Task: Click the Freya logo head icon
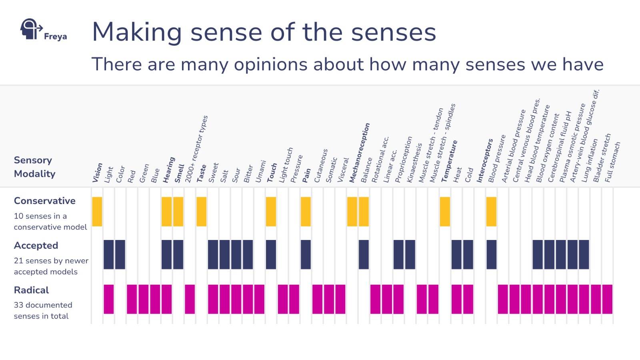30,29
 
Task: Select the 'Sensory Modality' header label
34,167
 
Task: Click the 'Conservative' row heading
44,201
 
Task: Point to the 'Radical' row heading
31,290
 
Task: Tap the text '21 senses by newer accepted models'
51,266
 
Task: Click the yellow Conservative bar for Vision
97,212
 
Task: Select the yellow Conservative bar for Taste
202,212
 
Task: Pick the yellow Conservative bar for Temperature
445,212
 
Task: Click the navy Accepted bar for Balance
364,254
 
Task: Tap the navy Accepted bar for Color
120,254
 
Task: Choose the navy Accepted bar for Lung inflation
584,254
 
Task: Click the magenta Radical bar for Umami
259,299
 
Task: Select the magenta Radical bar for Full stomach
607,299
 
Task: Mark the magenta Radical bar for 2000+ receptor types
190,299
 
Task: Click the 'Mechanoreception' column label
359,153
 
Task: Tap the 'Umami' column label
260,172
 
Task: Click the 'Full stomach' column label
612,162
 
